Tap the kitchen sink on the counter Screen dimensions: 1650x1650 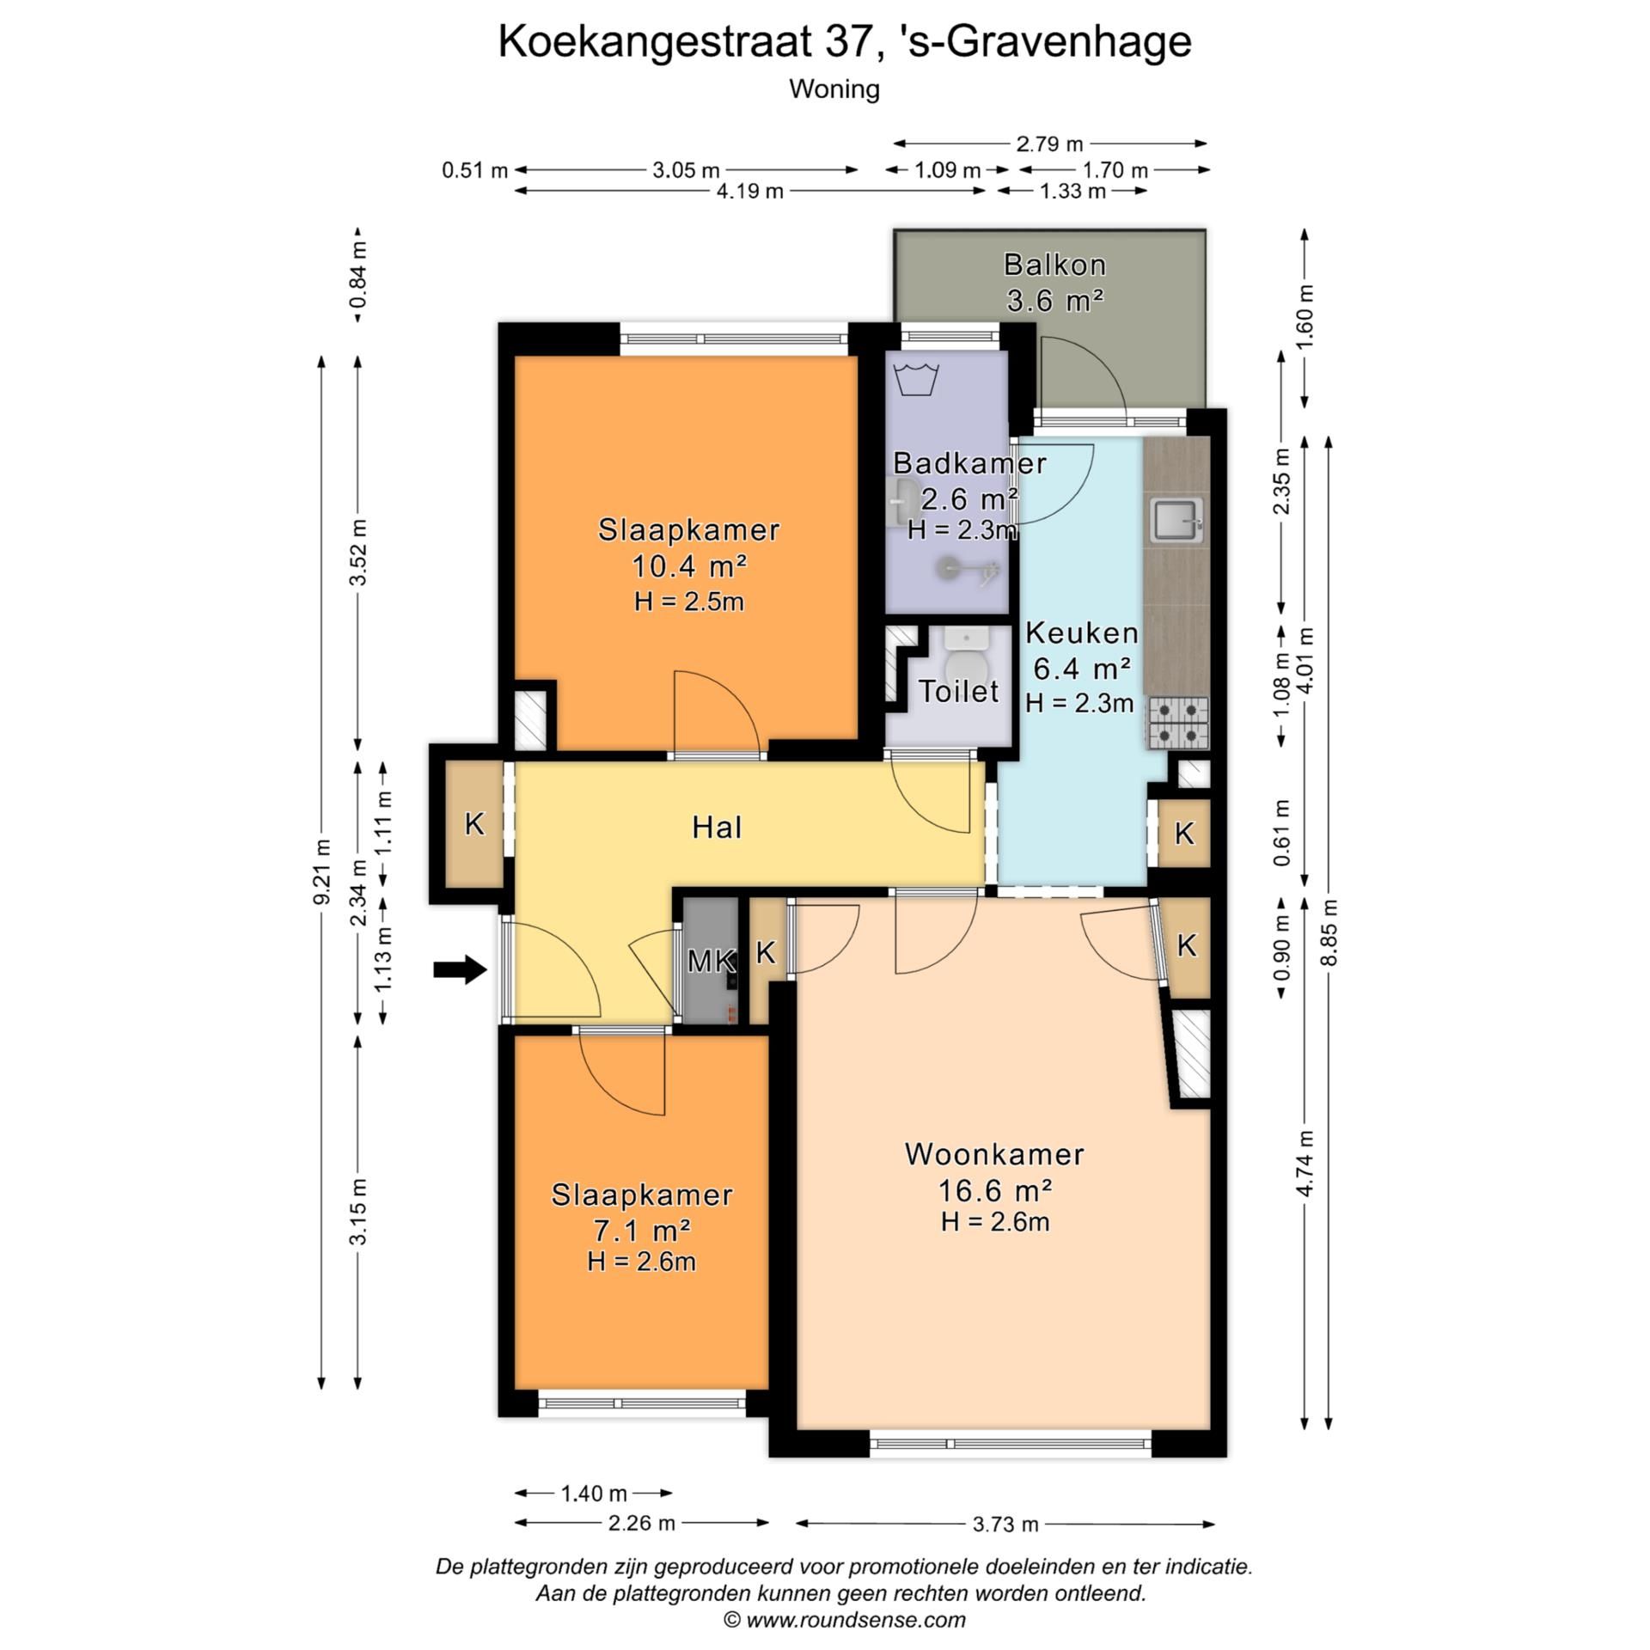click(x=1176, y=521)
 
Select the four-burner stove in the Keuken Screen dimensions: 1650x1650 click(x=1178, y=723)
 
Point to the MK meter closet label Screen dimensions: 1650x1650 click(x=711, y=961)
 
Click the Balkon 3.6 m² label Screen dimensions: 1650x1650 click(x=1054, y=282)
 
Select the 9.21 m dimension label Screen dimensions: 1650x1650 click(x=322, y=871)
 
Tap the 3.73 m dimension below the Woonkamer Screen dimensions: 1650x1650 click(x=1005, y=1525)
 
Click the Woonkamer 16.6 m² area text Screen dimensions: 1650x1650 click(x=994, y=1191)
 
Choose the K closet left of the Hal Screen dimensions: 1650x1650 click(x=474, y=824)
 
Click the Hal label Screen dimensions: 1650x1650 click(x=717, y=828)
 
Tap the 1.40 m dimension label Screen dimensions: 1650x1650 click(x=594, y=1494)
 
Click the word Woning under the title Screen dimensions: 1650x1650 click(x=834, y=89)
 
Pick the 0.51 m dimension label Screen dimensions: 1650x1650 click(x=474, y=170)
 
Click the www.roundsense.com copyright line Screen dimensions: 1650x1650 click(x=845, y=1620)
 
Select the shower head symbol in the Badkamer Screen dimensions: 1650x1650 click(x=949, y=566)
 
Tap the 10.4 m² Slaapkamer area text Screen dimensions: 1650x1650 click(x=688, y=566)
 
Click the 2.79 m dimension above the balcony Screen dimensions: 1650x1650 click(x=1049, y=144)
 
